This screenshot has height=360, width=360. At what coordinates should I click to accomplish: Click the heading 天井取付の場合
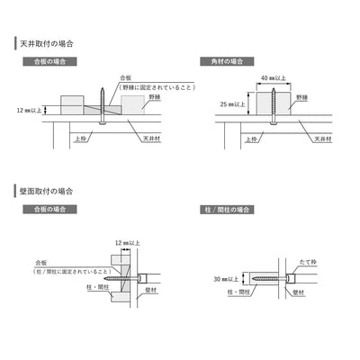(47, 44)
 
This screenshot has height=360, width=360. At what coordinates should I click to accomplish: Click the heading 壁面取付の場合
(47, 191)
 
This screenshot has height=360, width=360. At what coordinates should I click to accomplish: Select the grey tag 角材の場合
(227, 61)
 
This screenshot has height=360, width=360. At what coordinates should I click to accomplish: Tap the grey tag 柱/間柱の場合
(227, 210)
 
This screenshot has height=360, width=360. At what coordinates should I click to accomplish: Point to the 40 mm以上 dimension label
(274, 78)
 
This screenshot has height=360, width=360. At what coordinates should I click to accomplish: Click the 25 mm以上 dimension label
(232, 104)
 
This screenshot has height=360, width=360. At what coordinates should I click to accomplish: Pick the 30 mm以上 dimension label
(226, 279)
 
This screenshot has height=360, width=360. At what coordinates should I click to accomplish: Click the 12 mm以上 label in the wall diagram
(128, 243)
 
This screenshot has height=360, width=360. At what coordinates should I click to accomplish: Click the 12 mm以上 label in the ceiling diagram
(29, 110)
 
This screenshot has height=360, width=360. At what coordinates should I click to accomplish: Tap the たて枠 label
(308, 262)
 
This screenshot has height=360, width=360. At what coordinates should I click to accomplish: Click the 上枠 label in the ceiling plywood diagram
(80, 139)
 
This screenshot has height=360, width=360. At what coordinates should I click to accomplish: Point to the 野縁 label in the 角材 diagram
(302, 97)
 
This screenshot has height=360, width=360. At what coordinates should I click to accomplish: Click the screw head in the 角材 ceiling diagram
(274, 122)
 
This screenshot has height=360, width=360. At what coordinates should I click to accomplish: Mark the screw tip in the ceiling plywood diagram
(103, 87)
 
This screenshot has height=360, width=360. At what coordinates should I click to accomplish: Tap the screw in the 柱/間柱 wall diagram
(270, 279)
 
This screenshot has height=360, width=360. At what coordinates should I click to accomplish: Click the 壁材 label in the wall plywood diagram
(151, 291)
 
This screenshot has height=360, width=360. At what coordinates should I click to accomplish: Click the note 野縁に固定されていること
(157, 87)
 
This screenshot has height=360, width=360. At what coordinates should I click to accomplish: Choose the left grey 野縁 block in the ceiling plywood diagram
(72, 105)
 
